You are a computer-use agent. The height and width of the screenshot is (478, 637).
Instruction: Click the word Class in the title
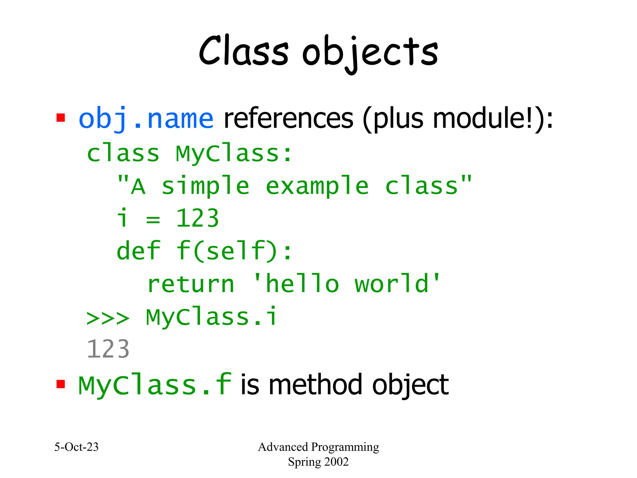(x=244, y=51)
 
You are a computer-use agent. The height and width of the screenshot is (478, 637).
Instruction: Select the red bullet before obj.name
(x=60, y=118)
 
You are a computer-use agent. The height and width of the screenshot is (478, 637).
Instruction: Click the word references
(x=288, y=119)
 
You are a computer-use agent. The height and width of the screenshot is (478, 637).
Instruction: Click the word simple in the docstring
(x=205, y=186)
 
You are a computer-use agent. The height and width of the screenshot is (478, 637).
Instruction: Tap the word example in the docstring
(x=317, y=186)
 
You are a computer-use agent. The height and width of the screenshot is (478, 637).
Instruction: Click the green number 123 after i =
(x=198, y=219)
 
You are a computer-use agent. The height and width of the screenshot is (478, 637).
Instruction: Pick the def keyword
(x=138, y=251)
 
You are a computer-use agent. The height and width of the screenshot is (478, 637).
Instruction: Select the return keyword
(x=191, y=284)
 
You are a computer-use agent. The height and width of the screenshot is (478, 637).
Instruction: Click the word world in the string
(x=392, y=284)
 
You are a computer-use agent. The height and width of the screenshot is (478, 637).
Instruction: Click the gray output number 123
(x=108, y=349)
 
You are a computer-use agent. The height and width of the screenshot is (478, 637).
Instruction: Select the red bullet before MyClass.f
(x=60, y=384)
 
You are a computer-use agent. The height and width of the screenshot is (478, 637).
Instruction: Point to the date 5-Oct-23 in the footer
(x=77, y=447)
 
